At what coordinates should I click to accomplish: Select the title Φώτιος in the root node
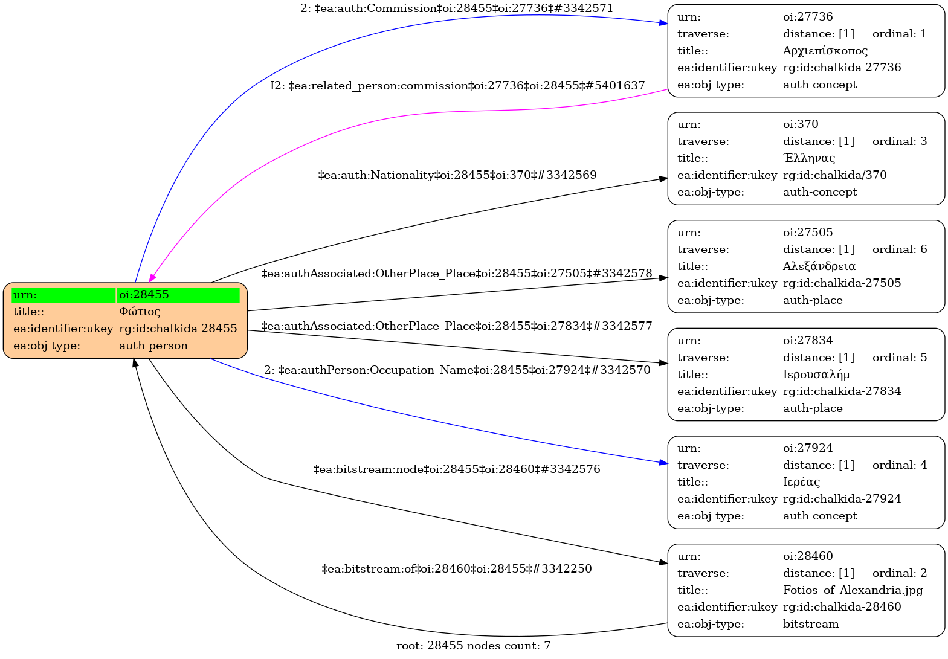(x=140, y=312)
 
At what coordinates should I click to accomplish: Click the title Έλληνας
(x=809, y=158)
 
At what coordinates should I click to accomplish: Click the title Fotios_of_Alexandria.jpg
(x=853, y=590)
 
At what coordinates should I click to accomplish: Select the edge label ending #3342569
(x=457, y=175)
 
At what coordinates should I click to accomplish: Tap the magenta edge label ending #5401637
(x=457, y=85)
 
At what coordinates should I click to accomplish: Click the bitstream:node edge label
(x=457, y=469)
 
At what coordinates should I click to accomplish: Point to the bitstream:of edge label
(x=457, y=569)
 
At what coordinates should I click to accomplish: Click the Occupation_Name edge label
(x=457, y=370)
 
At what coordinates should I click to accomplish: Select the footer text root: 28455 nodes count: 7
(x=473, y=646)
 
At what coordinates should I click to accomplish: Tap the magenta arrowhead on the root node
(x=152, y=278)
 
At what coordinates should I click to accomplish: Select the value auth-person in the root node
(x=153, y=346)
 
